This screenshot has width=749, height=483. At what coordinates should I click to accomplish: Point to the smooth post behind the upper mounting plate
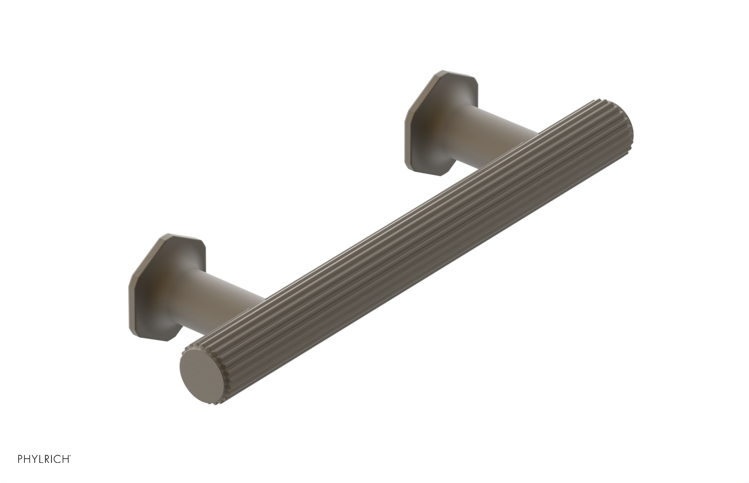[496, 117]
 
